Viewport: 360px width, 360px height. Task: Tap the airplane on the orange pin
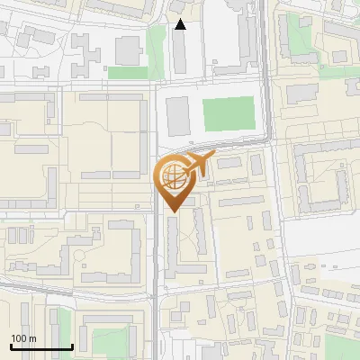click(198, 165)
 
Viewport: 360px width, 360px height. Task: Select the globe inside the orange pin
click(175, 177)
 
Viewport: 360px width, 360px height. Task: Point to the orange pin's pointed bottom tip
click(175, 211)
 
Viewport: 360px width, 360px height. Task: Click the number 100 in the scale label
click(19, 338)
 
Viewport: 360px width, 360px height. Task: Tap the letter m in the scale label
click(32, 338)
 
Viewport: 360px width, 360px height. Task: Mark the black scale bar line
click(41, 346)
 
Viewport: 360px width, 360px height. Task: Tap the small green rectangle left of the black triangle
click(128, 72)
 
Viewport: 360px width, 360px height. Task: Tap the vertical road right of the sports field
click(267, 90)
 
